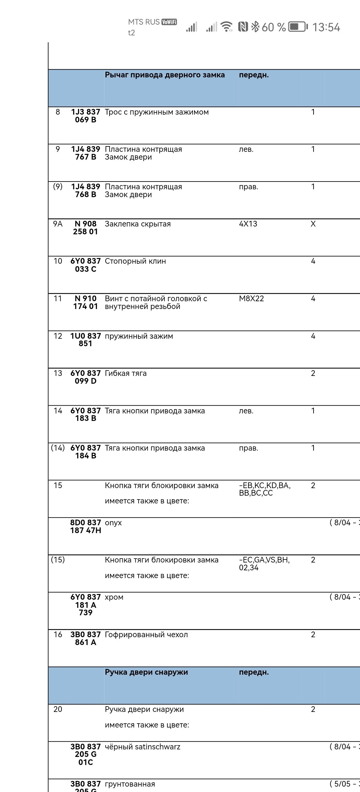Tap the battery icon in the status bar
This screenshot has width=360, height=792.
click(x=298, y=27)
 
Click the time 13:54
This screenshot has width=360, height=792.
click(x=326, y=27)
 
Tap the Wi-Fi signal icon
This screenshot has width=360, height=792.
click(x=227, y=27)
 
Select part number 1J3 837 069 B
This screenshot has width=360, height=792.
click(x=85, y=116)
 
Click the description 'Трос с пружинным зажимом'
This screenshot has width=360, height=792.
click(x=157, y=112)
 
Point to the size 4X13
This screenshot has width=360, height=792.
click(x=248, y=224)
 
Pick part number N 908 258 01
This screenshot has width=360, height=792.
click(x=85, y=228)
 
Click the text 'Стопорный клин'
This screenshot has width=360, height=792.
click(x=135, y=261)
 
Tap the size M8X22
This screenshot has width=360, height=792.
click(x=251, y=298)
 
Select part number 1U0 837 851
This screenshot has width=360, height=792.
click(x=85, y=340)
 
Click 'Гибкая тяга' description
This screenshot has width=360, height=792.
click(x=125, y=373)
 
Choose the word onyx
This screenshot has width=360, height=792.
click(x=113, y=523)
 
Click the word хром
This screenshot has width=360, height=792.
click(x=114, y=597)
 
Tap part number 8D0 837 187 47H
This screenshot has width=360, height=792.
click(x=85, y=527)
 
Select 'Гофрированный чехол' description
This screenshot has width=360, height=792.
click(x=146, y=635)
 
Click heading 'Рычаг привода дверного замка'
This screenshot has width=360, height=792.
click(x=164, y=75)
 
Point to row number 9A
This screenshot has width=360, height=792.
click(x=58, y=224)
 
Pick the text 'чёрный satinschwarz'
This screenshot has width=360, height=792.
click(x=142, y=747)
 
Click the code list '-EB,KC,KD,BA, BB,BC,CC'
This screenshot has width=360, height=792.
click(x=264, y=489)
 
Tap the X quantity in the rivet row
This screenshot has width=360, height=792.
click(x=313, y=224)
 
